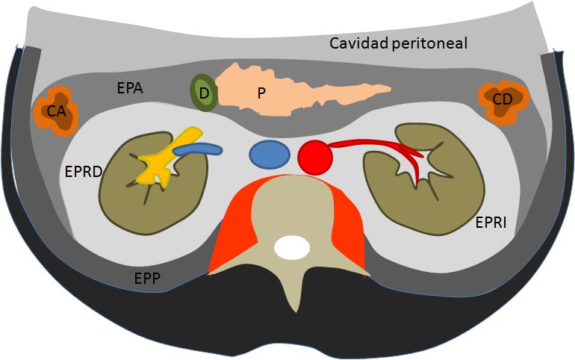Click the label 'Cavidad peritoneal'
pos(399,43)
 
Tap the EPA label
pos(131,87)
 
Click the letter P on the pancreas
pos(261,93)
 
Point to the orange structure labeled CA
pos(55,112)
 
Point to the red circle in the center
pos(314,157)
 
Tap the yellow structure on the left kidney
pos(161,160)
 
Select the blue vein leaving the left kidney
pos(199,149)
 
